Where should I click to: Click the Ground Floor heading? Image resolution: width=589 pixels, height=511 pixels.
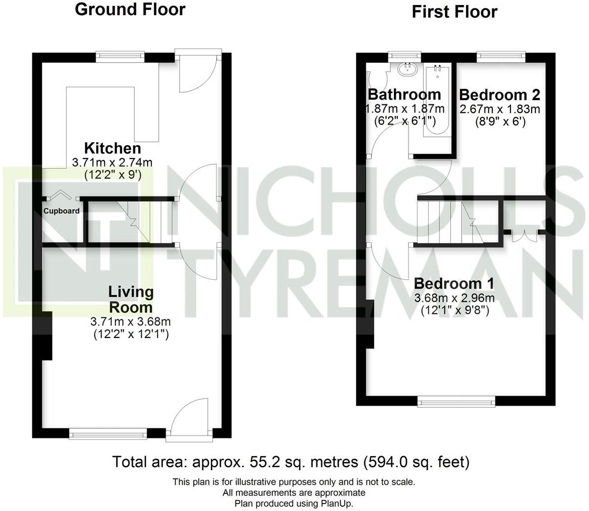pyautogui.click(x=130, y=9)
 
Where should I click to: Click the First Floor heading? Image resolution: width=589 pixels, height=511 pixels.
pyautogui.click(x=454, y=12)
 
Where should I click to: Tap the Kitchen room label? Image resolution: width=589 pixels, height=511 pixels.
pyautogui.click(x=112, y=148)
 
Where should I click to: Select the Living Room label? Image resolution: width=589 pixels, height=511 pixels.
pyautogui.click(x=130, y=299)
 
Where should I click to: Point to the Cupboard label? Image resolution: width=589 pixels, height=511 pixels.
pyautogui.click(x=61, y=211)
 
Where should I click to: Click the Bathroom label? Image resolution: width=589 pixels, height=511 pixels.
pyautogui.click(x=404, y=94)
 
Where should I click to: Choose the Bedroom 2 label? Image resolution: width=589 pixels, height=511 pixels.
pyautogui.click(x=500, y=94)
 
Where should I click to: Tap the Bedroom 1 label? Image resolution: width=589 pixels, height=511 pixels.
pyautogui.click(x=454, y=283)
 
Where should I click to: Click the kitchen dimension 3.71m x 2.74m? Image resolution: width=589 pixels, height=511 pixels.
pyautogui.click(x=112, y=162)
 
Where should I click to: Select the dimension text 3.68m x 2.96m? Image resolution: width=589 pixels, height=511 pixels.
pyautogui.click(x=454, y=298)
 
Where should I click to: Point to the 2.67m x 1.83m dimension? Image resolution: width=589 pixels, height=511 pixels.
pyautogui.click(x=500, y=109)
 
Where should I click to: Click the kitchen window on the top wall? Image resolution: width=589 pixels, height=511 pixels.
pyautogui.click(x=120, y=56)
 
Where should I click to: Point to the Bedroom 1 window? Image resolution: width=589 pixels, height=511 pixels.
pyautogui.click(x=456, y=402)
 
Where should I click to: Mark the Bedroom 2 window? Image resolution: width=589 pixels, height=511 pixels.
pyautogui.click(x=501, y=56)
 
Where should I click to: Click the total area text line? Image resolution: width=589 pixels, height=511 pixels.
pyautogui.click(x=291, y=462)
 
